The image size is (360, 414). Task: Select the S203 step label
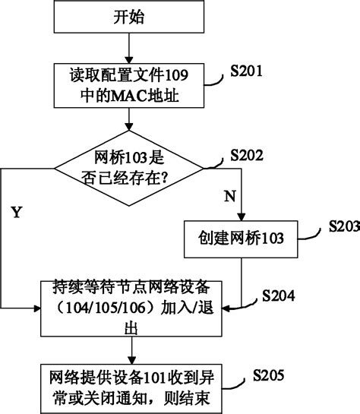[343, 226]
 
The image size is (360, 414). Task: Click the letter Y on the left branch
[16, 212]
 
